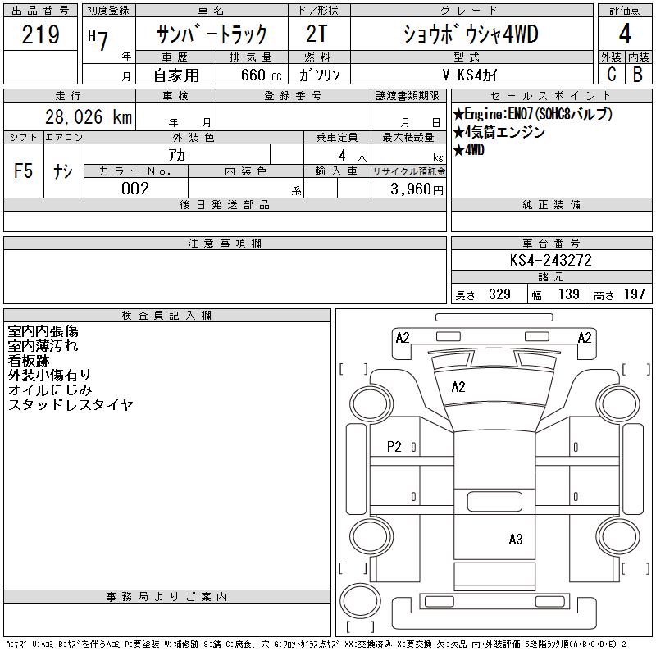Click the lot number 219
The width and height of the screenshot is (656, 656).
(40, 34)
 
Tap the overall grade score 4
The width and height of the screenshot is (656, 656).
(625, 34)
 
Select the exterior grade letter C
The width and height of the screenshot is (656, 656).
(611, 74)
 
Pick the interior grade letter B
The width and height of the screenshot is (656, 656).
(638, 74)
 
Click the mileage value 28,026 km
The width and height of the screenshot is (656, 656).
(89, 116)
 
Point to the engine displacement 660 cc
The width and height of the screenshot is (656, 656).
(261, 75)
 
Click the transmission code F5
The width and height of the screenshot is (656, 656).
(23, 171)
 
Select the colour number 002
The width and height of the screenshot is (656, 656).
(135, 189)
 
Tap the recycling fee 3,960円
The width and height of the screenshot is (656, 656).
(417, 189)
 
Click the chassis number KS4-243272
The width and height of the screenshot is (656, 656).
(550, 260)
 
